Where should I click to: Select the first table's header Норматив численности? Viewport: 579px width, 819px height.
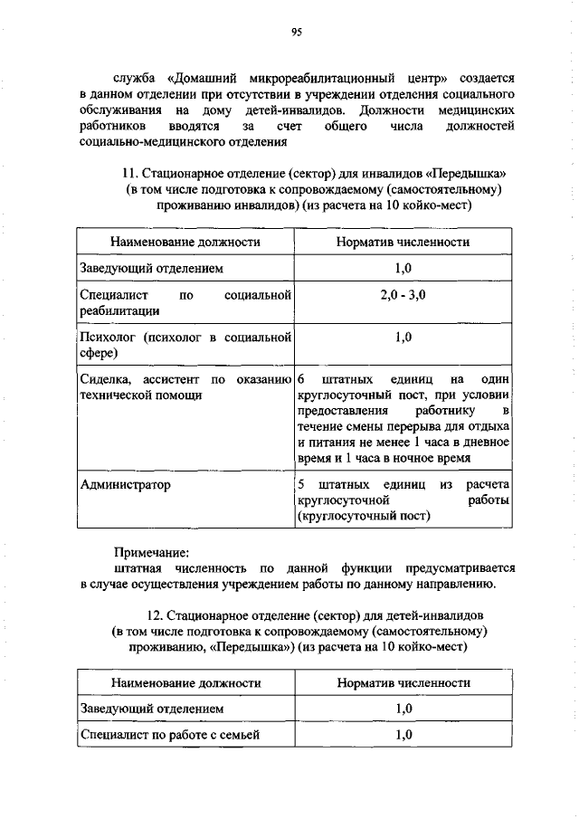click(x=403, y=243)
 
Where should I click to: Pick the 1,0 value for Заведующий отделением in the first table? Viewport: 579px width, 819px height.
click(x=403, y=269)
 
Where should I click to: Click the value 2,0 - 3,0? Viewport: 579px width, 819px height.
click(x=403, y=295)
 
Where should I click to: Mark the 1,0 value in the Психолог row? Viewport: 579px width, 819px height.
click(x=403, y=338)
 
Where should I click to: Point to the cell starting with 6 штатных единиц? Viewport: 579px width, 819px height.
click(x=403, y=418)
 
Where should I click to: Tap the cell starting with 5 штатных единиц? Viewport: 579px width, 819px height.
click(x=403, y=500)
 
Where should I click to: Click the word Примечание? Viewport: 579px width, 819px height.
click(x=152, y=551)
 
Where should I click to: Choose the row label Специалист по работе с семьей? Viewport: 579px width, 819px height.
click(x=170, y=735)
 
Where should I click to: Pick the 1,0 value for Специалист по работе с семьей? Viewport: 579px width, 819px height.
click(x=403, y=735)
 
